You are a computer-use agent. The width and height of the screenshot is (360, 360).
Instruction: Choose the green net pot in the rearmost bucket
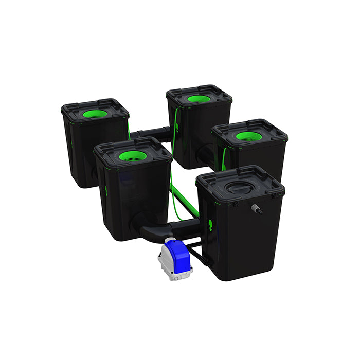click(x=199, y=98)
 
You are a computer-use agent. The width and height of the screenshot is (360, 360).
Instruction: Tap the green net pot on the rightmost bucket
click(x=249, y=136)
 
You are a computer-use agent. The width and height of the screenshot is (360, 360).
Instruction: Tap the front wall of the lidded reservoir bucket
click(x=242, y=242)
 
